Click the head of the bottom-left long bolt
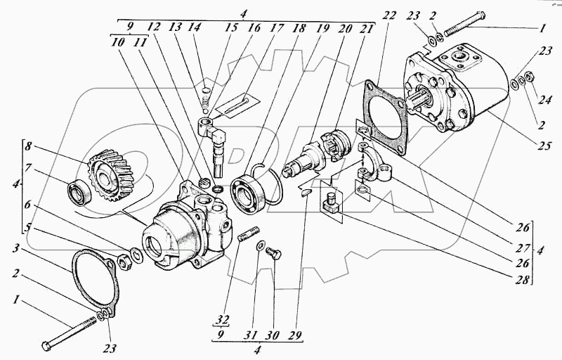(x=47, y=345)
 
